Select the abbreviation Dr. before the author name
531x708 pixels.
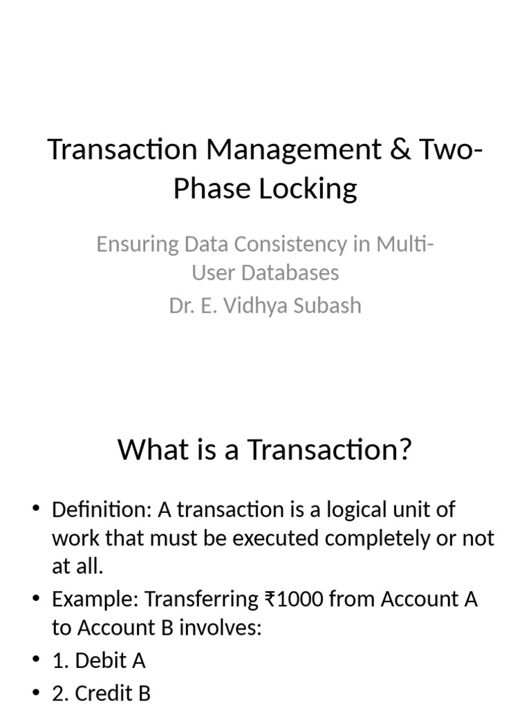[180, 305]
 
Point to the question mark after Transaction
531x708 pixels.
[404, 449]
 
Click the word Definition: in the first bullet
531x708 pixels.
[102, 510]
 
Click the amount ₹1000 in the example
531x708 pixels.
[294, 599]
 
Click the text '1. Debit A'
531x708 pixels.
[99, 660]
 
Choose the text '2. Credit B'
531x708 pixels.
[101, 693]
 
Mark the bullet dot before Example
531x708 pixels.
[37, 599]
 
